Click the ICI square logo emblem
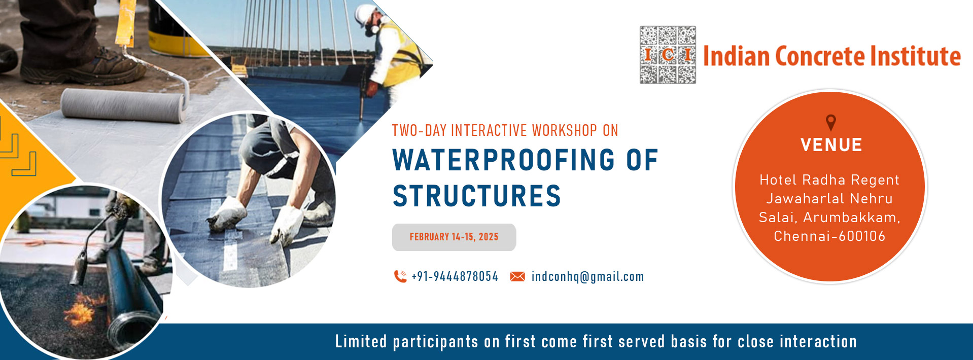tap(668, 55)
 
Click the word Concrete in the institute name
tap(819, 56)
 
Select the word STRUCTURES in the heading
tap(477, 196)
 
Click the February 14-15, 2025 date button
tap(454, 237)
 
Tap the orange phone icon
tap(400, 276)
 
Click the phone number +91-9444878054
tap(455, 276)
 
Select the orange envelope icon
tap(517, 276)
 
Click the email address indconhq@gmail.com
tap(588, 277)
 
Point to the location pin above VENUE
tap(830, 122)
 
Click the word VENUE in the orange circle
tap(831, 145)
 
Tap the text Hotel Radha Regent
tap(829, 180)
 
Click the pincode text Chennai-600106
tap(829, 236)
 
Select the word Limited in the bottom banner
tap(361, 341)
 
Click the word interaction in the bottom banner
tap(818, 341)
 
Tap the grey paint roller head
tap(123, 105)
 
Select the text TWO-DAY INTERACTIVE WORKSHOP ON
tap(505, 130)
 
